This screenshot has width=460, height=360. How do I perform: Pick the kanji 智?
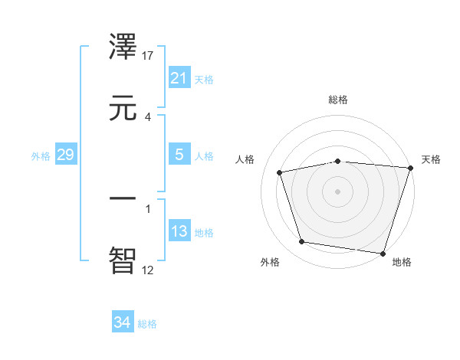click(x=124, y=259)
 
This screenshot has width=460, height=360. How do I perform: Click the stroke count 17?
click(x=149, y=56)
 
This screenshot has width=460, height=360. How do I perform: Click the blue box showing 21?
click(x=179, y=78)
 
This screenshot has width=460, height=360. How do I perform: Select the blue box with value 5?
click(x=179, y=155)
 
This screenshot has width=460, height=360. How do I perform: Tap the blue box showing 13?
click(x=179, y=231)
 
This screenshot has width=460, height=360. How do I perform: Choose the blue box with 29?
click(x=65, y=155)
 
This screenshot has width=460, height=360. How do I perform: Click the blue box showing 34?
click(x=122, y=322)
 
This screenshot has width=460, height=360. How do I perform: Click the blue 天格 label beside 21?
click(x=204, y=79)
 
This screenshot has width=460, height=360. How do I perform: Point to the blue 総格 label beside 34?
click(x=147, y=324)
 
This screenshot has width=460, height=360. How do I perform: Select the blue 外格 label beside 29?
click(x=41, y=156)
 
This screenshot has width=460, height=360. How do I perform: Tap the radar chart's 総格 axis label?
click(x=338, y=100)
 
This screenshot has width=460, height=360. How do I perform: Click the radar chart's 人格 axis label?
click(x=245, y=159)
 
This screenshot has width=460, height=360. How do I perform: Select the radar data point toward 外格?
click(x=302, y=242)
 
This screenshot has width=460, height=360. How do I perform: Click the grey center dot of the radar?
click(x=338, y=191)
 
